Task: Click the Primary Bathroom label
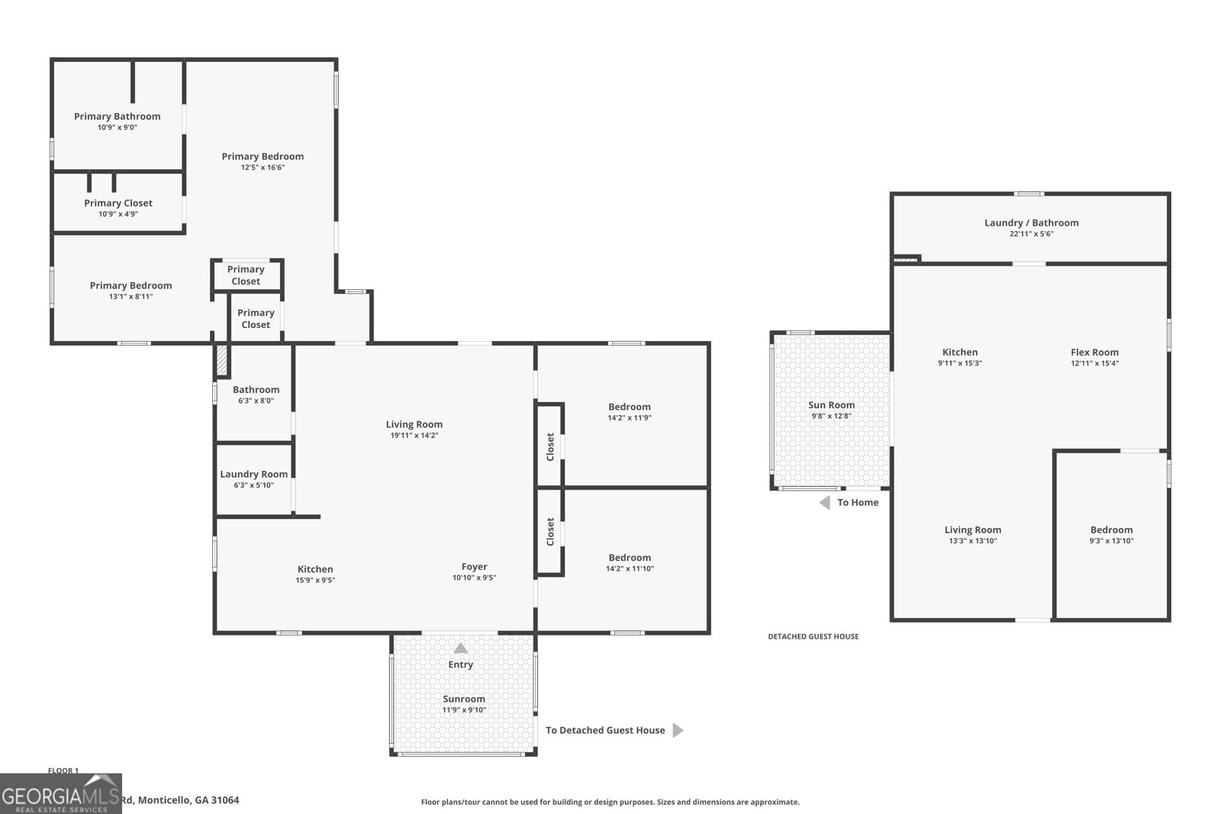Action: (x=117, y=116)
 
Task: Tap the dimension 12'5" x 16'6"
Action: (x=263, y=167)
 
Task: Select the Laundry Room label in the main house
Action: (x=253, y=474)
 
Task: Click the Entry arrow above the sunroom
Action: (x=460, y=648)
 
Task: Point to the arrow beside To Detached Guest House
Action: (x=677, y=730)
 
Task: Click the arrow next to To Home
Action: (x=824, y=502)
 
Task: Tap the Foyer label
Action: (x=474, y=567)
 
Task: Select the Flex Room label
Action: (x=1094, y=352)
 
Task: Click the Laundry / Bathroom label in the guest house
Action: (x=1031, y=223)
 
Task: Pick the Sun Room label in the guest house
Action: (x=831, y=405)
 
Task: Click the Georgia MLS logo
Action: (x=60, y=793)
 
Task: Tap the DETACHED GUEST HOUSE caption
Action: (x=813, y=636)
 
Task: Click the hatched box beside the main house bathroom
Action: (x=221, y=360)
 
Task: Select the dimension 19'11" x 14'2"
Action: (x=414, y=436)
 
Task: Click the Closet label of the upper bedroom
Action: (x=550, y=446)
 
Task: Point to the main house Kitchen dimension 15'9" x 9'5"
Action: (x=315, y=580)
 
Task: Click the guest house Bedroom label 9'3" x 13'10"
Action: (x=1111, y=529)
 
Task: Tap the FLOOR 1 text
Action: (x=63, y=771)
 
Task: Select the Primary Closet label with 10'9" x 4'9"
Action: (x=118, y=203)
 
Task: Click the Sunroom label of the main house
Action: (x=463, y=699)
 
